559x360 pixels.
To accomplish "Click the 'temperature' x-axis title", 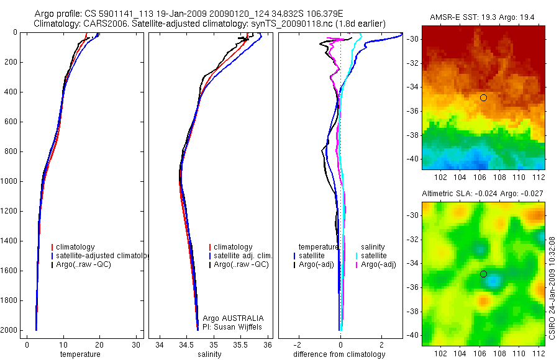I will pos(80,354).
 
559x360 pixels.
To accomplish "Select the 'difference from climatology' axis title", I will pos(339,354).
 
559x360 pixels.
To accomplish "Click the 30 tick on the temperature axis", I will pos(136,344).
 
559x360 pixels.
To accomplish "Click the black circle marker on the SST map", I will pos(483,97).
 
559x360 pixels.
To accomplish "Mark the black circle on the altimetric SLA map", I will pos(483,274).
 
